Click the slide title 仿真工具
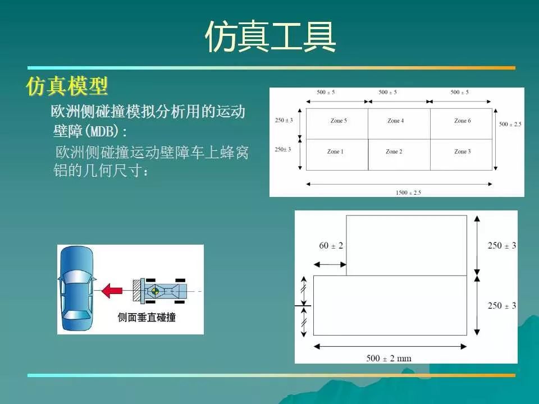click(270, 37)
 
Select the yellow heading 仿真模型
click(67, 86)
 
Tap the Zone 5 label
click(339, 121)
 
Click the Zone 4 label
click(395, 121)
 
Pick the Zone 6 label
click(462, 121)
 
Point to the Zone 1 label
click(335, 151)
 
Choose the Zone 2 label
click(394, 151)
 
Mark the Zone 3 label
click(462, 151)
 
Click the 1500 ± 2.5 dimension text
click(408, 192)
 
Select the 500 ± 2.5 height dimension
click(510, 124)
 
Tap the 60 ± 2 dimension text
click(331, 245)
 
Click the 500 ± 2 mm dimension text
click(389, 359)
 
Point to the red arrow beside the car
click(112, 291)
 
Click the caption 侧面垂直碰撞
click(147, 317)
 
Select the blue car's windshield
click(76, 276)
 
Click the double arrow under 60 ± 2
click(330, 264)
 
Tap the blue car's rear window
click(76, 315)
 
